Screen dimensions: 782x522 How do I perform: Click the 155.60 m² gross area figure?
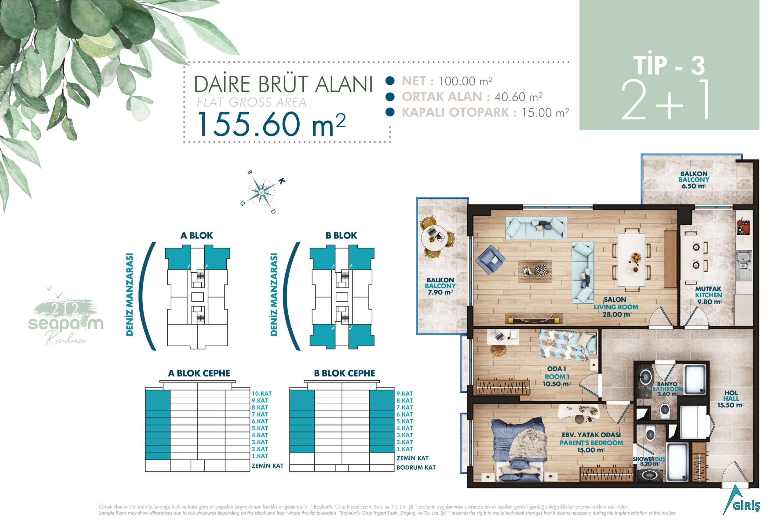tap(272, 124)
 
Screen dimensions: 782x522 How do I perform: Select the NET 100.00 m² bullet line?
tap(447, 81)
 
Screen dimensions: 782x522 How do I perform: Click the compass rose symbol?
tap(262, 192)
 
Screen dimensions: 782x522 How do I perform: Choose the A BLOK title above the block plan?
tap(197, 235)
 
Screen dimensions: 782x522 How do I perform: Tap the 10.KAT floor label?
tap(261, 394)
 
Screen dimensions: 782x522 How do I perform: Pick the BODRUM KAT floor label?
tap(416, 467)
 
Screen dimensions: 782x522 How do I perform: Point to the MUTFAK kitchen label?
tap(708, 289)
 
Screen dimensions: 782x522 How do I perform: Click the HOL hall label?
tap(731, 393)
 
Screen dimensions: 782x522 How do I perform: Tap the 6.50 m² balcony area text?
tap(694, 186)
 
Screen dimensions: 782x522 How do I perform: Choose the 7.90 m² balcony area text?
tap(440, 292)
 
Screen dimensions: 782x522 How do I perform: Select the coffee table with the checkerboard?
tap(535, 271)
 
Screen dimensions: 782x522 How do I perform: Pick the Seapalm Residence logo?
tap(66, 316)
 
